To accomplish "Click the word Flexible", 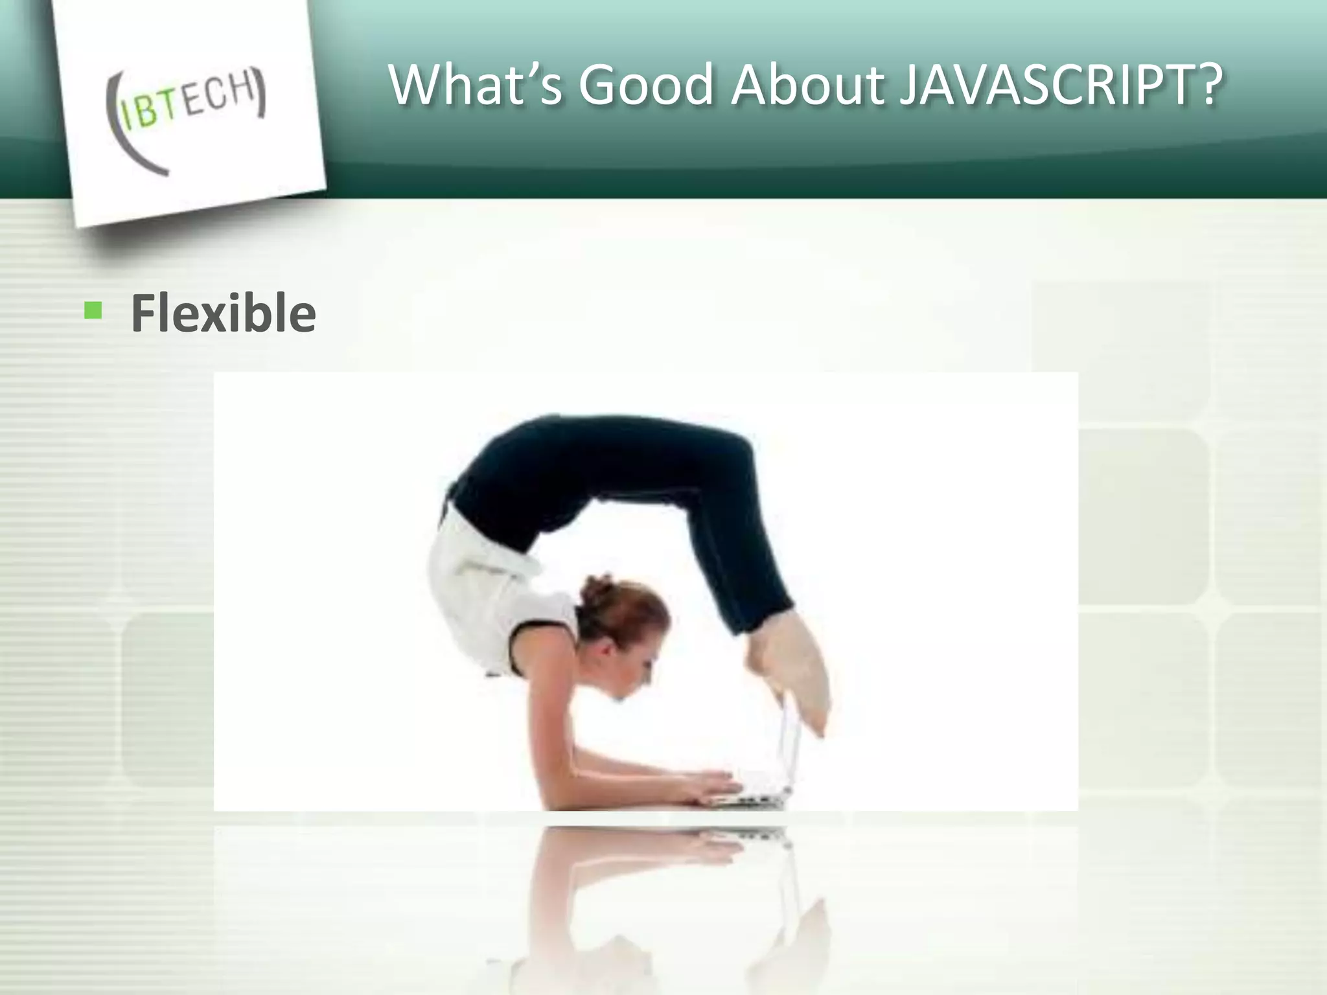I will tap(224, 314).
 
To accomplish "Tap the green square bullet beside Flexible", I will tap(93, 311).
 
